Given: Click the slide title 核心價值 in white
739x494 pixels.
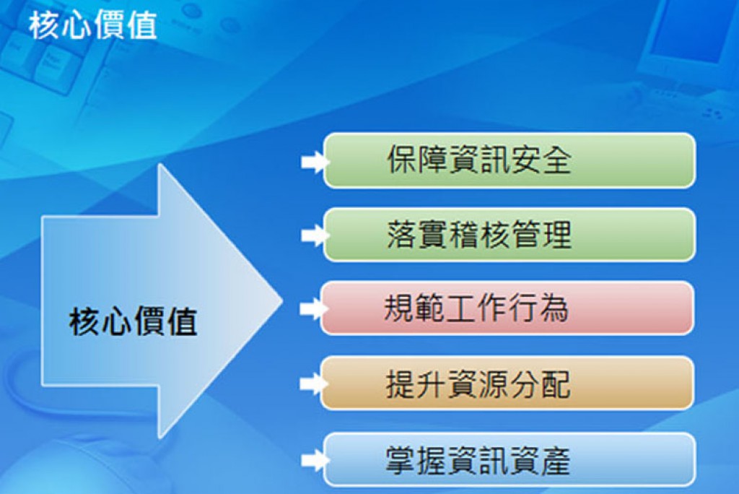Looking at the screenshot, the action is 93,25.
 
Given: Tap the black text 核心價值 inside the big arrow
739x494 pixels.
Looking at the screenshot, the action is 133,321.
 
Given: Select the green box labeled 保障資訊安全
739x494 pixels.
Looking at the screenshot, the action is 510,160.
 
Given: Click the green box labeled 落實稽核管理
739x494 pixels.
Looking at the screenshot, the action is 510,235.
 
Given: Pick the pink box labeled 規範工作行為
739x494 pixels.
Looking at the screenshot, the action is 507,308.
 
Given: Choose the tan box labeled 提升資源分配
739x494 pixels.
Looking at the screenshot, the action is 507,383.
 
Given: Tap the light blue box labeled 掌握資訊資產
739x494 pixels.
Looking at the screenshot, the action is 510,459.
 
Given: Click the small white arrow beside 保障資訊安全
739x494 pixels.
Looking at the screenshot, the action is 315,162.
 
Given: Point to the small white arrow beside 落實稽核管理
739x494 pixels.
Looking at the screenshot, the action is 315,235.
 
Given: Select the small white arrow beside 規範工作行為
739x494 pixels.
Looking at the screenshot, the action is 313,309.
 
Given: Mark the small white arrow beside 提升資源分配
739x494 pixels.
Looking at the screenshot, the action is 313,383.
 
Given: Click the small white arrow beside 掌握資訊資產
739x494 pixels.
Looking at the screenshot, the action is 315,460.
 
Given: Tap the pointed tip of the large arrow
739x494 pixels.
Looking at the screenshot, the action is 282,300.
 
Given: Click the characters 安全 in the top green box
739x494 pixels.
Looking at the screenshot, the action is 541,160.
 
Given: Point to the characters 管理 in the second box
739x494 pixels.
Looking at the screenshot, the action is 541,235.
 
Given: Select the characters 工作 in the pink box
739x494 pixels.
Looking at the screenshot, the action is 476,308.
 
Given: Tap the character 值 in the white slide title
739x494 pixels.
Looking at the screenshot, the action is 142,25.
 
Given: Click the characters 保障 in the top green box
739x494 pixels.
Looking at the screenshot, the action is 418,160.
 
